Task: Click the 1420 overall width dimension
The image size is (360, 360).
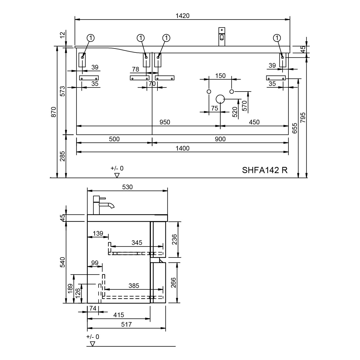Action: (x=182, y=16)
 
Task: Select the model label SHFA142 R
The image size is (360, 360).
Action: (x=265, y=170)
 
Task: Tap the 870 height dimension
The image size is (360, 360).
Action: (x=54, y=112)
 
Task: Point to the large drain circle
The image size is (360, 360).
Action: (x=220, y=99)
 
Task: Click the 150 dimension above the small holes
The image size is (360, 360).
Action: (x=220, y=76)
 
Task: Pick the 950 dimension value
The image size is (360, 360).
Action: (x=165, y=122)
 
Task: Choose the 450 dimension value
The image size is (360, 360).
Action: (x=254, y=122)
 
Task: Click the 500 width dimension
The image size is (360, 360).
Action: (x=114, y=139)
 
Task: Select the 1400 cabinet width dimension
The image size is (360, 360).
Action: (x=182, y=148)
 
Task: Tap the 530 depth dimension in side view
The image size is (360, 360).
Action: (x=127, y=187)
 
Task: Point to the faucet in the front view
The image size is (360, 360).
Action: (x=222, y=37)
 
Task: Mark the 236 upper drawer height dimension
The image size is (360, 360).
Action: (x=174, y=239)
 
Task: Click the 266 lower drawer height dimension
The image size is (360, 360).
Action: (x=174, y=283)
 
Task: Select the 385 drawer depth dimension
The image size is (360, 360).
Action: (x=134, y=286)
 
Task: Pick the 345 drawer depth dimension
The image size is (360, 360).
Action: (x=137, y=243)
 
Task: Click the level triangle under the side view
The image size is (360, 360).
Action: (x=93, y=344)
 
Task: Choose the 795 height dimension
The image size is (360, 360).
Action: (x=303, y=117)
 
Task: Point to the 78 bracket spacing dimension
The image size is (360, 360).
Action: (x=136, y=69)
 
